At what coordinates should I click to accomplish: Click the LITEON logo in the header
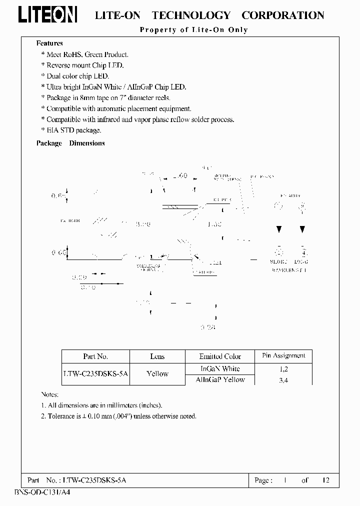tap(48, 15)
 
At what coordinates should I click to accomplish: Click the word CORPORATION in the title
tap(283, 15)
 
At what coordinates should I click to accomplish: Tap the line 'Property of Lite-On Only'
tap(193, 30)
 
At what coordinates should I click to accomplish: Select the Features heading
tap(49, 43)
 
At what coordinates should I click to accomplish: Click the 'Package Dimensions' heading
tap(70, 143)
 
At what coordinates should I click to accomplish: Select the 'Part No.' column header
tap(95, 356)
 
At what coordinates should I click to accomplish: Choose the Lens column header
tap(157, 356)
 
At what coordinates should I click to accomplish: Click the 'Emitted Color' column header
tap(220, 356)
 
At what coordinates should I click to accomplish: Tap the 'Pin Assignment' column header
tap(283, 355)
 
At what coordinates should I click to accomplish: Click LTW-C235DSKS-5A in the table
tap(95, 374)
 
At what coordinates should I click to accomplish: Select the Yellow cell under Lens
tap(157, 374)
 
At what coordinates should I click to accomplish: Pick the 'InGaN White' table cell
tap(220, 368)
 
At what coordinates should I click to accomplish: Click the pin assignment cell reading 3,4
tap(283, 380)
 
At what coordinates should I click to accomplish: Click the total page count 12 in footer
tap(325, 480)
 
